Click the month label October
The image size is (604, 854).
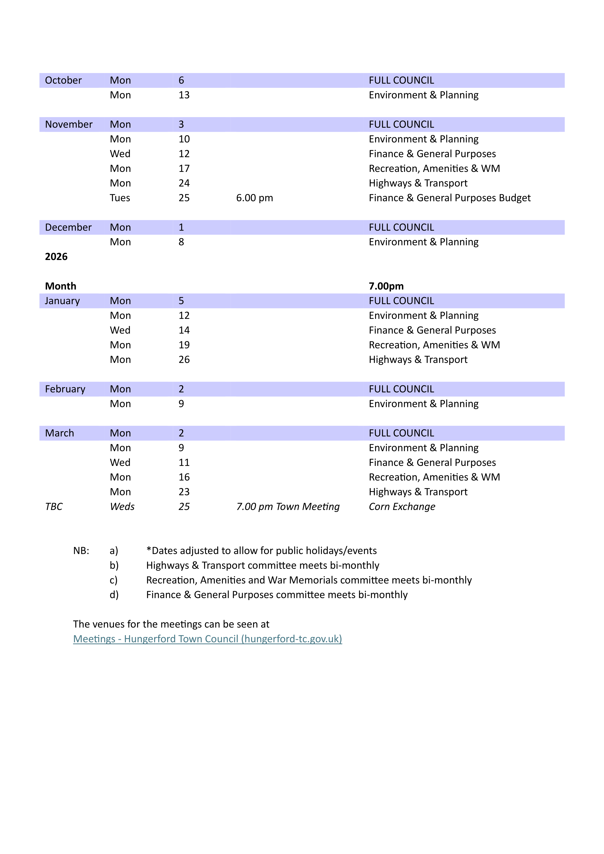pyautogui.click(x=63, y=80)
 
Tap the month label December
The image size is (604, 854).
pyautogui.click(x=68, y=227)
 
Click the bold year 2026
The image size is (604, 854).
pyautogui.click(x=56, y=257)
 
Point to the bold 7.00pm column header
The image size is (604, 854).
pyautogui.click(x=386, y=286)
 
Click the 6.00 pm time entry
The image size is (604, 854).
pyautogui.click(x=255, y=198)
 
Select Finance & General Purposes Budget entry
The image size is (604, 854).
pyautogui.click(x=450, y=198)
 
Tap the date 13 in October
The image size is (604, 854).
pyautogui.click(x=184, y=95)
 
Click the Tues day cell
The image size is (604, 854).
pyautogui.click(x=120, y=198)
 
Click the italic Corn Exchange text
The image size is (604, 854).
pyautogui.click(x=402, y=507)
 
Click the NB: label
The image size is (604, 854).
pyautogui.click(x=81, y=551)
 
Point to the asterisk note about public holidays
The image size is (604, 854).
pyautogui.click(x=261, y=551)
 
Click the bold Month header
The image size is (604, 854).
pyautogui.click(x=61, y=286)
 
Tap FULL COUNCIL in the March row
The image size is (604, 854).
pyautogui.click(x=401, y=433)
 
